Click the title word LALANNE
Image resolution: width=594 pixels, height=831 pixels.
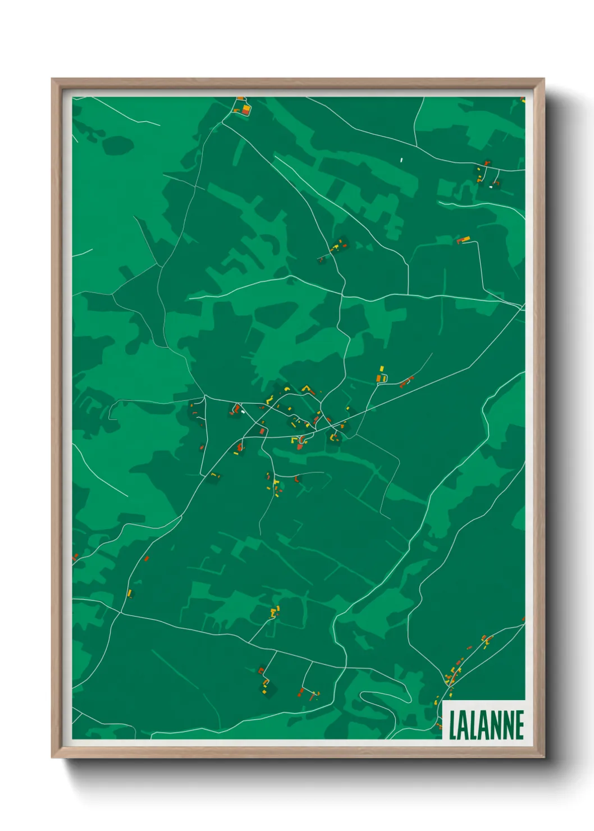486,725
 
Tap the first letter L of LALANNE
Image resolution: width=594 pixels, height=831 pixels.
453,725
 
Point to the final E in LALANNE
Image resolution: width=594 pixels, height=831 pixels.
520,725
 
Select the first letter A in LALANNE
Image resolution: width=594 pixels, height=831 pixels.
464,725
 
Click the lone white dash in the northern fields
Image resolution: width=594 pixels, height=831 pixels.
401,160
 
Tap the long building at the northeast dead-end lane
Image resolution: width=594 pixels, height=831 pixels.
464,240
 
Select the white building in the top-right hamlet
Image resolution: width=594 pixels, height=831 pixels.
491,187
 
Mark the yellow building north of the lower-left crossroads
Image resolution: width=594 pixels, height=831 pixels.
129,593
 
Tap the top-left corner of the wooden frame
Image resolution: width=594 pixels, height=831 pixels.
53,80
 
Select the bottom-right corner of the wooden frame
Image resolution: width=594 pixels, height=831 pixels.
543,757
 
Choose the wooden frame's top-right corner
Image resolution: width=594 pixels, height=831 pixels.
543,80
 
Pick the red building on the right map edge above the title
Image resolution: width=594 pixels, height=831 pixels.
523,619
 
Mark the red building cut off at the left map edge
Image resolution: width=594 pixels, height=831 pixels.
75,557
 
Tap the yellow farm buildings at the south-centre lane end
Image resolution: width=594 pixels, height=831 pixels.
275,611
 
